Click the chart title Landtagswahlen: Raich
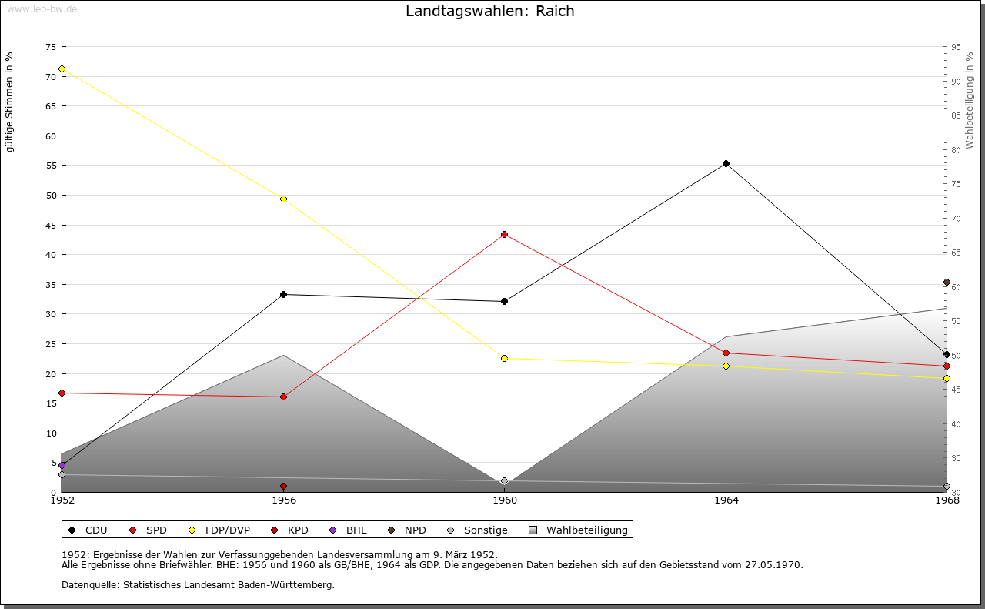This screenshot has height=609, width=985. pyautogui.click(x=489, y=12)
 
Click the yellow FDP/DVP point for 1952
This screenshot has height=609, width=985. pyautogui.click(x=62, y=69)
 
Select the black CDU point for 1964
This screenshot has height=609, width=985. pyautogui.click(x=726, y=164)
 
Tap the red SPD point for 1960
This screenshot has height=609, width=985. pyautogui.click(x=504, y=234)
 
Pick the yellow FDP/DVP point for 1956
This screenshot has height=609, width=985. pyautogui.click(x=284, y=199)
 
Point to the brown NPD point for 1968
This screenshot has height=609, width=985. pyautogui.click(x=947, y=283)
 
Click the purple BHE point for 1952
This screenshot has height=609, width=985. pyautogui.click(x=62, y=465)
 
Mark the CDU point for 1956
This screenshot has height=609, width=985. pyautogui.click(x=284, y=294)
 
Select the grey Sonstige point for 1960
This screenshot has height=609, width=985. pyautogui.click(x=504, y=481)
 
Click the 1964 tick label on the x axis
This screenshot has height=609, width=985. pyautogui.click(x=726, y=500)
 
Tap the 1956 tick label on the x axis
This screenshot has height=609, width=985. pyautogui.click(x=284, y=500)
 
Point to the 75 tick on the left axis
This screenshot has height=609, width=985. pyautogui.click(x=50, y=47)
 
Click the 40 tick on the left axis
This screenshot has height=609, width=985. pyautogui.click(x=50, y=255)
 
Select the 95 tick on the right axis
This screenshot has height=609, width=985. pyautogui.click(x=956, y=47)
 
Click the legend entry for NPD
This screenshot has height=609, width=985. pyautogui.click(x=415, y=530)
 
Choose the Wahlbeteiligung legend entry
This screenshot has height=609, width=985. pyautogui.click(x=586, y=530)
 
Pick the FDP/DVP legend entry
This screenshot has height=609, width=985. pyautogui.click(x=227, y=530)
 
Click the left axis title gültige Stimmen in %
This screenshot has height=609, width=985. pyautogui.click(x=9, y=102)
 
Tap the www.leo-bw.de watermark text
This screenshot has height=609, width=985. pyautogui.click(x=41, y=8)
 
